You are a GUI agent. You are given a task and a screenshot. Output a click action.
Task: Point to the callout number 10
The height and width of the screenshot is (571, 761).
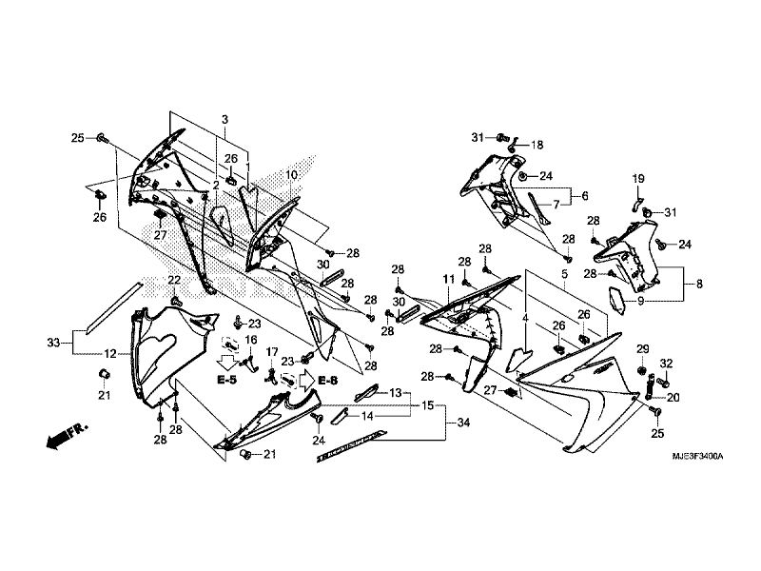point(265,175)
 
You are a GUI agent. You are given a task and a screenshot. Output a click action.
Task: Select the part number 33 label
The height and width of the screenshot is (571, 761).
point(53,341)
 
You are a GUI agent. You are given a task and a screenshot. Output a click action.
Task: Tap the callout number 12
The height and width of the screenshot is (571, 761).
point(110,354)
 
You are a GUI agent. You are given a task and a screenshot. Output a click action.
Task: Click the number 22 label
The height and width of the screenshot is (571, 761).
point(174,279)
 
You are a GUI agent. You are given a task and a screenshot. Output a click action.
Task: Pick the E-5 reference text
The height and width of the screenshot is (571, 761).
point(226,380)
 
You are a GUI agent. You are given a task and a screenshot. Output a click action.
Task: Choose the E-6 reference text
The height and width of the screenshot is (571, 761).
point(327,381)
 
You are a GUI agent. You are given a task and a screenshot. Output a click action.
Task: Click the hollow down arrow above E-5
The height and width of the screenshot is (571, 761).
point(226,362)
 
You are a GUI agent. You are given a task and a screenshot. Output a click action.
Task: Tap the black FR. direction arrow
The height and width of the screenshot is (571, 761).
point(59,440)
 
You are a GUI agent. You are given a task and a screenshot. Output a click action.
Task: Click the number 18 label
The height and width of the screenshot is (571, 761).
point(537,145)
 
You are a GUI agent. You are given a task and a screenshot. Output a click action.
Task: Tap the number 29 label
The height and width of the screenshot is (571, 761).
point(642,348)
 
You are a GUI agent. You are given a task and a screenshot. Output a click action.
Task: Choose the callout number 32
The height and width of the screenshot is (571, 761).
point(666,364)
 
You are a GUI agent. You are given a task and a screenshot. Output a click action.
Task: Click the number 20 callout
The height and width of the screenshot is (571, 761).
point(673,397)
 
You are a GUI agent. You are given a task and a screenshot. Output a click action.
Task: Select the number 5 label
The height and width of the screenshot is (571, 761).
point(564,273)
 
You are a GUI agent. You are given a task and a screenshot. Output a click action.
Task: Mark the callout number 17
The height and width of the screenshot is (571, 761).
point(272,352)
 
